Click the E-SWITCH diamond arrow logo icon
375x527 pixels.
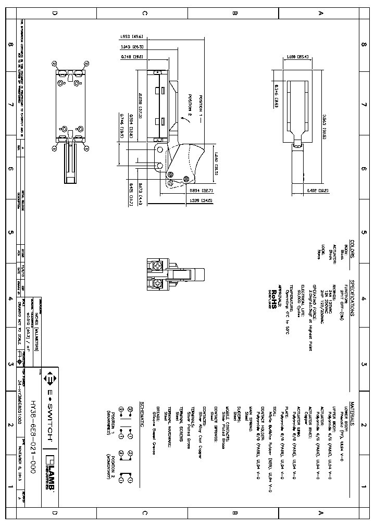[52, 376]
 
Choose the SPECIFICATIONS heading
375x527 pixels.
[352, 298]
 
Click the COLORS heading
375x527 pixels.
[352, 249]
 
